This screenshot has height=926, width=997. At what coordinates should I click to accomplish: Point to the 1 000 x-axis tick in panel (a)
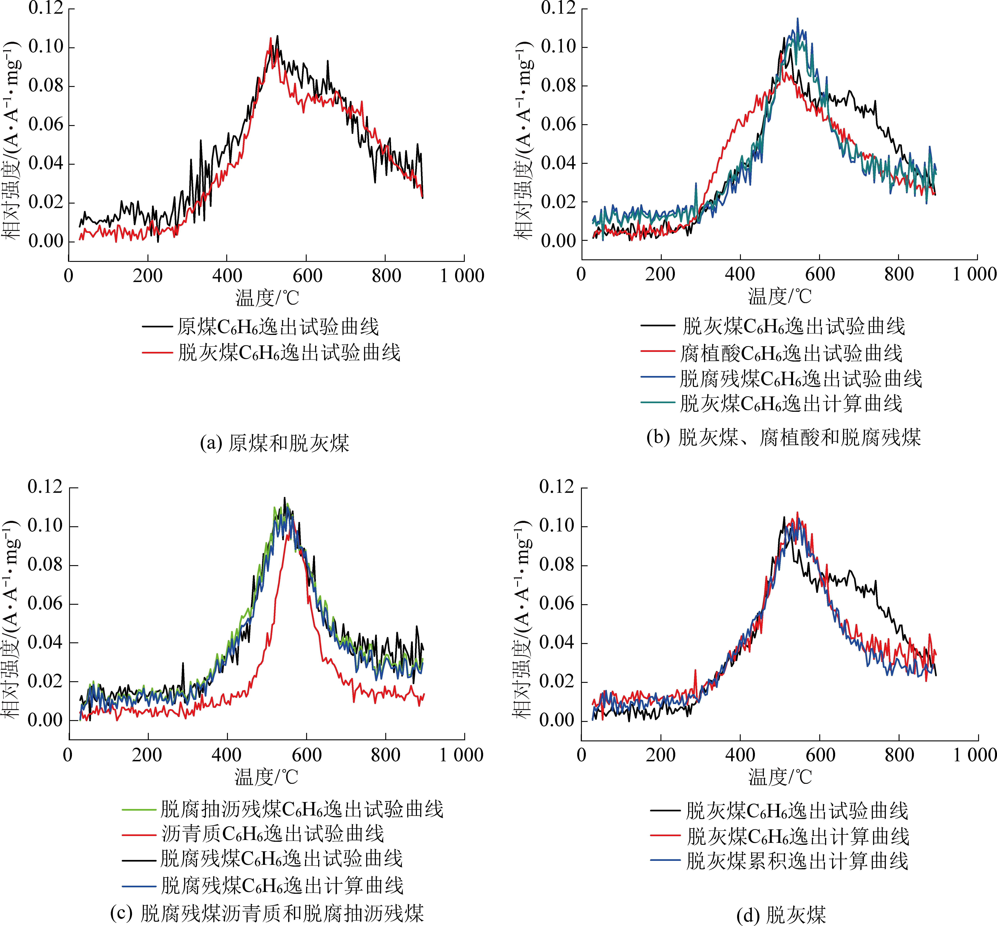pos(462,276)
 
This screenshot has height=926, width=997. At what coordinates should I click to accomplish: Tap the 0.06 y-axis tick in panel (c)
pos(45,604)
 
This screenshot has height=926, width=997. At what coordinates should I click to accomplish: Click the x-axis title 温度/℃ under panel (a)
pos(267,298)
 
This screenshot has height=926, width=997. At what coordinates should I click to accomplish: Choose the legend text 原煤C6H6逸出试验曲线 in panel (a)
pos(278,327)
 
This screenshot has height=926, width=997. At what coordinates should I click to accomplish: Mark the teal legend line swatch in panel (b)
pos(657,402)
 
